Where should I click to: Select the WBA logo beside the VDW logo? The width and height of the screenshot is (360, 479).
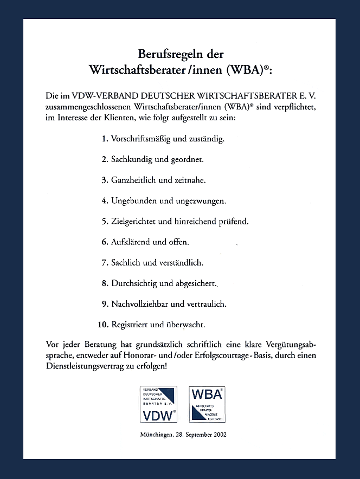pyautogui.click(x=207, y=404)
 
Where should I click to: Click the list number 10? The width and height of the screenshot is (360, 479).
pyautogui.click(x=103, y=325)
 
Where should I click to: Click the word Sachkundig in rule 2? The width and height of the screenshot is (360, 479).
pyautogui.click(x=132, y=159)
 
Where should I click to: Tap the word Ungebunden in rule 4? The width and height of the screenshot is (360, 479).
pyautogui.click(x=134, y=201)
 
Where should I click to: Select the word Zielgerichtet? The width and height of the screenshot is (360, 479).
pyautogui.click(x=135, y=222)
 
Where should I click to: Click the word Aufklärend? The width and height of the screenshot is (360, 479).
pyautogui.click(x=131, y=242)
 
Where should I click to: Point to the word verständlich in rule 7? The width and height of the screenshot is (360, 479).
pyautogui.click(x=181, y=263)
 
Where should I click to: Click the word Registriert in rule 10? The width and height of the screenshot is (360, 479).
pyautogui.click(x=130, y=325)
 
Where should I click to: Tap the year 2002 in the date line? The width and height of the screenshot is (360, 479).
pyautogui.click(x=220, y=434)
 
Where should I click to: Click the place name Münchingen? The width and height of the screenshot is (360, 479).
pyautogui.click(x=158, y=435)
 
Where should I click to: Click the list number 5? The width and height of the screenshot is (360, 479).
pyautogui.click(x=105, y=222)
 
